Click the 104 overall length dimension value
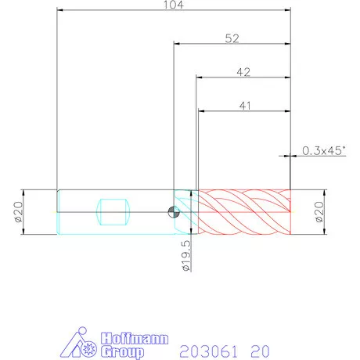click(x=174, y=5)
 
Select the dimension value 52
click(x=232, y=38)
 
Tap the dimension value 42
click(x=243, y=72)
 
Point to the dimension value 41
click(x=245, y=106)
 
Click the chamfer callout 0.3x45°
click(x=324, y=150)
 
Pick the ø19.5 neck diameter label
click(x=187, y=256)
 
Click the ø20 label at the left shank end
click(x=19, y=212)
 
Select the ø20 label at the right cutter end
click(x=319, y=212)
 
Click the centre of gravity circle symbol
click(x=174, y=212)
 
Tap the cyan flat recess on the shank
click(x=113, y=212)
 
